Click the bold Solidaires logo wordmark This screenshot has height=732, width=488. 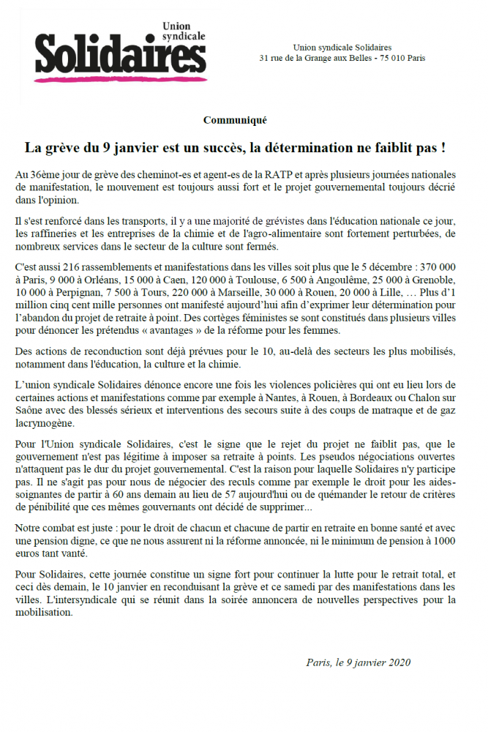pyautogui.click(x=120, y=56)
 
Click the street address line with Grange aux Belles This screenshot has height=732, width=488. pyautogui.click(x=342, y=58)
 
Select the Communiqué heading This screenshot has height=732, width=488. pyautogui.click(x=235, y=119)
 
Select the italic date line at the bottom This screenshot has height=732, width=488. pyautogui.click(x=359, y=662)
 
